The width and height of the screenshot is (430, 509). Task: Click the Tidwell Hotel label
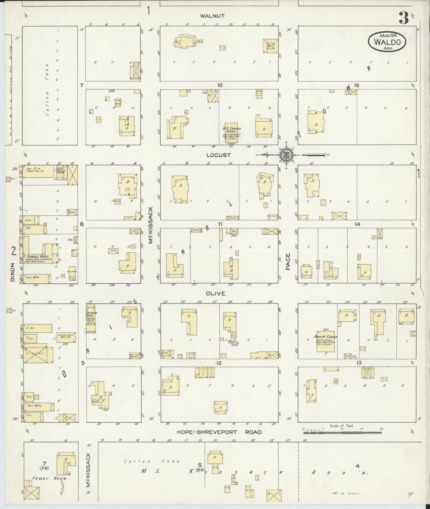[37, 256]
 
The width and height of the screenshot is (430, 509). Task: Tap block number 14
[357, 225]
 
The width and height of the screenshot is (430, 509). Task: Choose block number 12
[219, 363]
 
